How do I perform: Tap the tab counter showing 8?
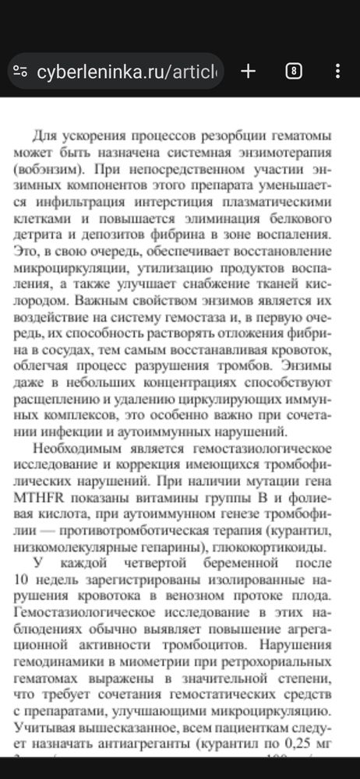click(293, 72)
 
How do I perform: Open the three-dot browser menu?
click(337, 72)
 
